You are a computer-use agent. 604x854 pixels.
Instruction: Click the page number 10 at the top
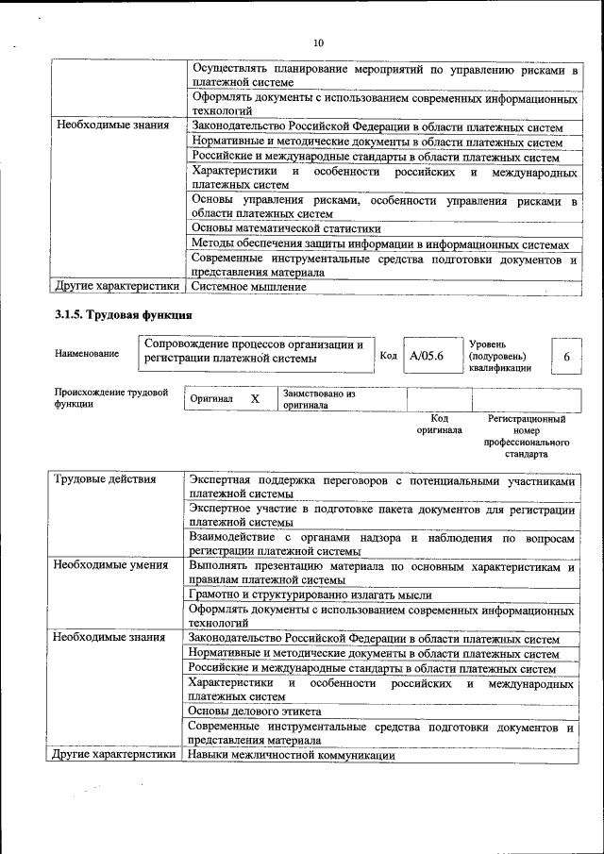click(318, 43)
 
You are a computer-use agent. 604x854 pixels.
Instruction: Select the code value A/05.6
click(426, 357)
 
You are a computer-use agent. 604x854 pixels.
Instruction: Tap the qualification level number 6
click(566, 357)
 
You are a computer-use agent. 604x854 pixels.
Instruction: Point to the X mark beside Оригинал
click(255, 399)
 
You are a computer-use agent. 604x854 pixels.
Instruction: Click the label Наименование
click(87, 354)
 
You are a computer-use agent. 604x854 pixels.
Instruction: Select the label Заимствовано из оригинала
click(319, 399)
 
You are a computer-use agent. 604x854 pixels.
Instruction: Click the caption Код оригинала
click(439, 424)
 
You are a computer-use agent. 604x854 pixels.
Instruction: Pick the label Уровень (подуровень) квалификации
click(500, 357)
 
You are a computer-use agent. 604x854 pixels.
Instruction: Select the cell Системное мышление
click(248, 285)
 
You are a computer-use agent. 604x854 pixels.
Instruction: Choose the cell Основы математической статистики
click(286, 227)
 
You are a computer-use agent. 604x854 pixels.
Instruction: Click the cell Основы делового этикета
click(255, 711)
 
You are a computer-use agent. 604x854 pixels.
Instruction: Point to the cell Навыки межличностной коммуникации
click(291, 755)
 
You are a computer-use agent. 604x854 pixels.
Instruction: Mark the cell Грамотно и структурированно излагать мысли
click(310, 594)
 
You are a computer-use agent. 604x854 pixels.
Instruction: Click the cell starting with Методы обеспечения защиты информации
click(380, 243)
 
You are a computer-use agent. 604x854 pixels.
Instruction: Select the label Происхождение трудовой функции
click(110, 397)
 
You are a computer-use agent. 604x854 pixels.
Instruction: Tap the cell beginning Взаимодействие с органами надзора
click(380, 544)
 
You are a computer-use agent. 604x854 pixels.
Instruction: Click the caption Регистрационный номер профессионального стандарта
click(526, 435)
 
